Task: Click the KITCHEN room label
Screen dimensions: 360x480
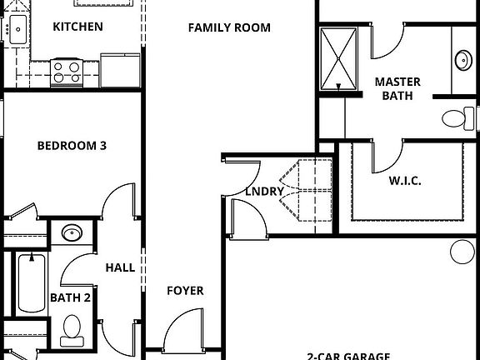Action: (x=77, y=27)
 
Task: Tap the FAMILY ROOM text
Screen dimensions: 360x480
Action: (x=229, y=27)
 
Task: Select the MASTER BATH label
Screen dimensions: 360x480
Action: (x=397, y=88)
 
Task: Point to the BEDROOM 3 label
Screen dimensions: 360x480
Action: (x=72, y=146)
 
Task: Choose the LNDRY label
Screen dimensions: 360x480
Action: (x=265, y=192)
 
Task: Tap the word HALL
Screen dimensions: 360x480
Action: (x=120, y=268)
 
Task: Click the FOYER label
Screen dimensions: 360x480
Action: (x=185, y=291)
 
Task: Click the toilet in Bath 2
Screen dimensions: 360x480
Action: (x=72, y=330)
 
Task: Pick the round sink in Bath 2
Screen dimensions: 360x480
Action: (x=72, y=232)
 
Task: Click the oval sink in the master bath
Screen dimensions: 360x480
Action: (x=462, y=60)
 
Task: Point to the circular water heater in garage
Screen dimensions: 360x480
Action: (x=461, y=251)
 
